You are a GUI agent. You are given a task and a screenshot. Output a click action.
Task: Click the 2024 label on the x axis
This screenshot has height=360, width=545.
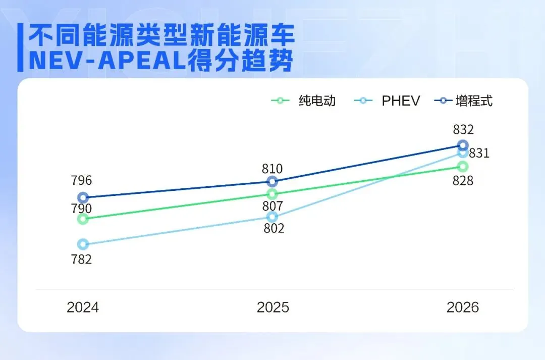(83, 307)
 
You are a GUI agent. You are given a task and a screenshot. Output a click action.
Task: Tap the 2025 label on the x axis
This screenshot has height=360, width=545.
(272, 307)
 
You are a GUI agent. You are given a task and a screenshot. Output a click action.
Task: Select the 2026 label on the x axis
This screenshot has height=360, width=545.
(463, 307)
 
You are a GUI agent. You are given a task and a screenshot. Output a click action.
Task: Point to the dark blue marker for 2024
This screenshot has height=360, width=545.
(83, 197)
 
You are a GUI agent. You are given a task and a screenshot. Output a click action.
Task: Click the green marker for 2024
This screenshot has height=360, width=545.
(83, 219)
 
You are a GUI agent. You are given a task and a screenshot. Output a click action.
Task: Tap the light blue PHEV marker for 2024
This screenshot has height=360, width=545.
(83, 244)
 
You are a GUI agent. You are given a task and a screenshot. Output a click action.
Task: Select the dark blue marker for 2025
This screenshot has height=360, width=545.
(272, 181)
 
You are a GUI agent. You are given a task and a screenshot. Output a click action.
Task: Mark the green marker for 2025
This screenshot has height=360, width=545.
(272, 194)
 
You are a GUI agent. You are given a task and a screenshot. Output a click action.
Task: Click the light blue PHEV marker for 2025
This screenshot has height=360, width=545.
(272, 217)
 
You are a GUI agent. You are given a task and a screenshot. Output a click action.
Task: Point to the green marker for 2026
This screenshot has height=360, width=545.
(463, 166)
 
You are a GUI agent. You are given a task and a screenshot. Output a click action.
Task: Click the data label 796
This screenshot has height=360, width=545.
(82, 180)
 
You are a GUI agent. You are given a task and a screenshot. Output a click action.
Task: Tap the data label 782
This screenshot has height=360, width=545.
(82, 260)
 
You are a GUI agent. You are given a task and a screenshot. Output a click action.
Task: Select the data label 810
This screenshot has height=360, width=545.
(272, 169)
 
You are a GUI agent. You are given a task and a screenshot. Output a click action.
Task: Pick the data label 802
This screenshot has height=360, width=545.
(274, 228)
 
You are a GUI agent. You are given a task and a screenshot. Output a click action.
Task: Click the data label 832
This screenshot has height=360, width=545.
(463, 129)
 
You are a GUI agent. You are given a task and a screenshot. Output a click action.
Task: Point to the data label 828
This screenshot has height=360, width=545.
(463, 180)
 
